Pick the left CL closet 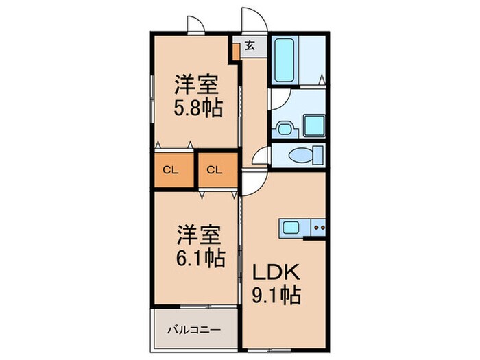coord(171,170)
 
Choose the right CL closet coord(215,170)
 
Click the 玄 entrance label coord(250,46)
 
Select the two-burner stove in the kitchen coord(317,226)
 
